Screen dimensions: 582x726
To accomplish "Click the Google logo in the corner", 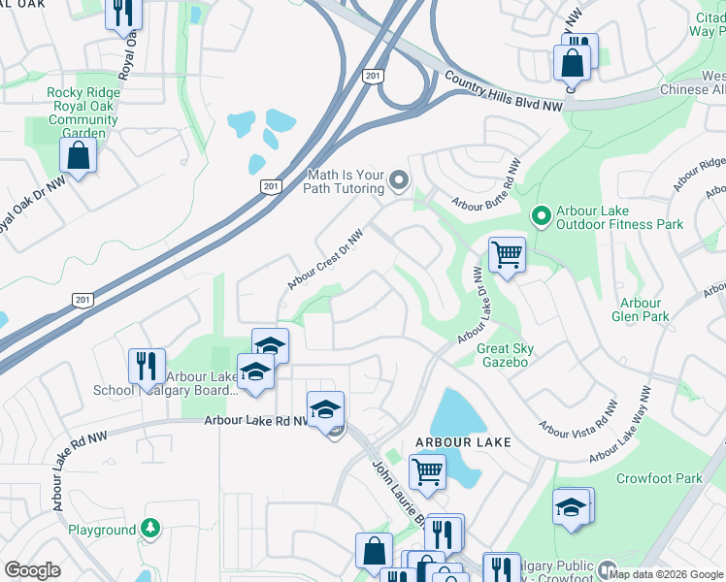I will pyautogui.click(x=32, y=570).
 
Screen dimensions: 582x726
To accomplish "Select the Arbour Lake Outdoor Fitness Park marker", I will pyautogui.click(x=542, y=212).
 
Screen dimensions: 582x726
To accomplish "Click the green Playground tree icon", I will pyautogui.click(x=149, y=529).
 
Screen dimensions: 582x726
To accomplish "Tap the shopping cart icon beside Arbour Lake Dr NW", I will pyautogui.click(x=506, y=256).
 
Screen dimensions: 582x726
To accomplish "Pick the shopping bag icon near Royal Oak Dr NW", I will pyautogui.click(x=77, y=155).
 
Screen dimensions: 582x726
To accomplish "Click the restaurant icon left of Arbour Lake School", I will pyautogui.click(x=147, y=366).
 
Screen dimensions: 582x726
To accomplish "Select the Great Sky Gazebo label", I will pyautogui.click(x=505, y=355).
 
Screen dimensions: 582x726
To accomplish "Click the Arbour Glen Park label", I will pyautogui.click(x=641, y=309).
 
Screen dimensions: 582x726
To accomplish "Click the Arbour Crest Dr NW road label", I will pyautogui.click(x=326, y=258).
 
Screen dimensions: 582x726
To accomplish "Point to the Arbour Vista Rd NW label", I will pyautogui.click(x=579, y=418).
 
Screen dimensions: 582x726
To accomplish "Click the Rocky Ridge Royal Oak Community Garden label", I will pyautogui.click(x=82, y=107).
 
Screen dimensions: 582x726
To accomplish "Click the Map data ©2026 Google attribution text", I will pyautogui.click(x=666, y=573).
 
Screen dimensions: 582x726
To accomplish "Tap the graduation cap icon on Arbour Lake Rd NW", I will pyautogui.click(x=326, y=408).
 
